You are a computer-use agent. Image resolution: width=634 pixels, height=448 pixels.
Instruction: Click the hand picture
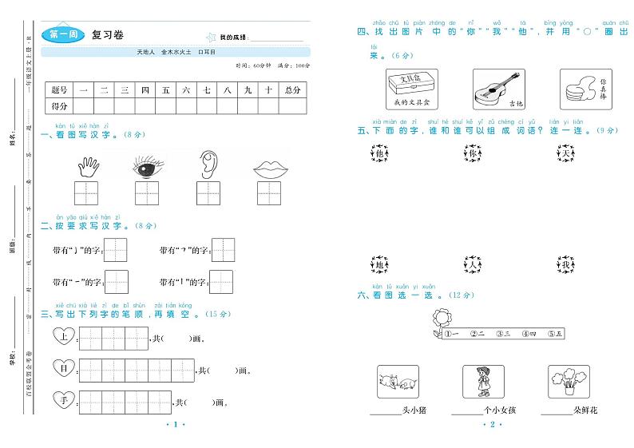[x=86, y=165]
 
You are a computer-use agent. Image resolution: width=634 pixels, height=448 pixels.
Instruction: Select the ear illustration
[x=207, y=164]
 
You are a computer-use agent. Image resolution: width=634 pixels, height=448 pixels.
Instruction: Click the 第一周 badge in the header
[x=62, y=34]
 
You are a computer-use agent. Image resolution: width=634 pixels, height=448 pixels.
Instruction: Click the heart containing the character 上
[x=64, y=337]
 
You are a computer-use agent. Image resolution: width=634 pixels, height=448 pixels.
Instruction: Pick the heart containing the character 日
[x=64, y=368]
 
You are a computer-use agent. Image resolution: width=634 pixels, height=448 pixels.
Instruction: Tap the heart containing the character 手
[x=64, y=399]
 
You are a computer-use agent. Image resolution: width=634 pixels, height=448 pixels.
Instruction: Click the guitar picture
[x=498, y=89]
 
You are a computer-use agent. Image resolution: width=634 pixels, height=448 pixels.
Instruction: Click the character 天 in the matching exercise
[x=568, y=153]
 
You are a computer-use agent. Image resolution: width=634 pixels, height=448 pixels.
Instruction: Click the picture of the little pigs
[x=398, y=381]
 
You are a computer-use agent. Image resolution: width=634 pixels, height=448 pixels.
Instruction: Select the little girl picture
[x=484, y=381]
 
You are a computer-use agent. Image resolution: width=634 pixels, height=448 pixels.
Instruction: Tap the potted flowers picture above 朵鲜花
[x=569, y=381]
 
